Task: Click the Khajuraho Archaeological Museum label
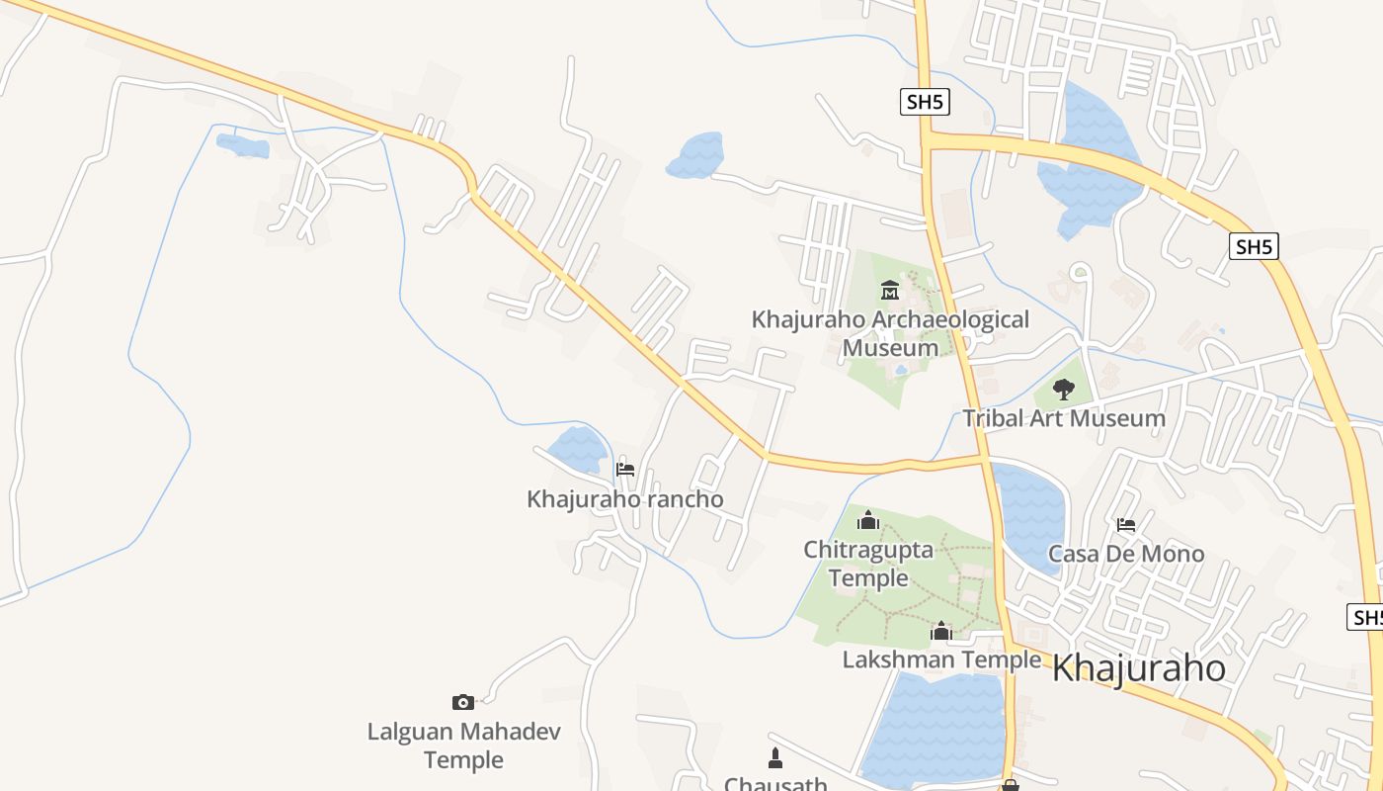890,333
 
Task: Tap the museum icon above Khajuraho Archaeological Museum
890,291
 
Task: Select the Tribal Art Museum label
1064,418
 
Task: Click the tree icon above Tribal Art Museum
1063,389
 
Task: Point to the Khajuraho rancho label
624,499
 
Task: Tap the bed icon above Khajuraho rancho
624,470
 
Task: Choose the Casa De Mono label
1126,554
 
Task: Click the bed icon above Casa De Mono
1125,524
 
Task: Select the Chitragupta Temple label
868,564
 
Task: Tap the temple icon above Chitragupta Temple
868,520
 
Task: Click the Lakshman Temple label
941,659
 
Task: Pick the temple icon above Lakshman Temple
941,631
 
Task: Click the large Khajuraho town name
1138,669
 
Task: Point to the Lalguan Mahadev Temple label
463,746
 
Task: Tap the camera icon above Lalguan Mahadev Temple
462,703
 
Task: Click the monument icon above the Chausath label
775,759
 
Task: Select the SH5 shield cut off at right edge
1366,618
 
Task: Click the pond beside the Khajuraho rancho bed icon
578,450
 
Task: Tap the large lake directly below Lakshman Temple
934,727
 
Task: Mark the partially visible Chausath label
775,784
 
